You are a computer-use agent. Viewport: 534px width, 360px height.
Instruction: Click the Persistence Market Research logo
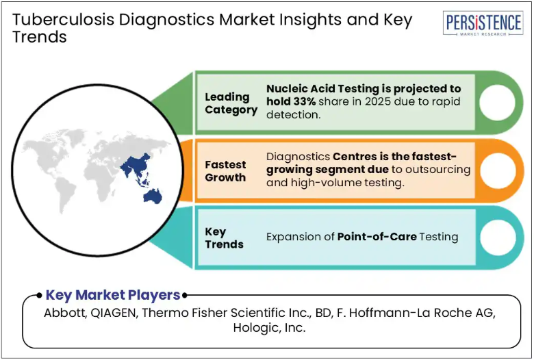coord(483,23)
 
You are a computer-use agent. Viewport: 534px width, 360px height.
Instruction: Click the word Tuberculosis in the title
coord(64,19)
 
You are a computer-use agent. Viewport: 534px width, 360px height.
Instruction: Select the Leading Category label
coord(231,103)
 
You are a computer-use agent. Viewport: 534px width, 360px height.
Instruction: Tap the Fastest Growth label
coord(225,171)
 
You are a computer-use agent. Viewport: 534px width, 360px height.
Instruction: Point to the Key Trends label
coord(224,237)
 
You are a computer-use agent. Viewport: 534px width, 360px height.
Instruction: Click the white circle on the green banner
coord(497,102)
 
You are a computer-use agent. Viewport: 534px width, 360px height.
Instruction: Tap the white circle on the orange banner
coord(498,170)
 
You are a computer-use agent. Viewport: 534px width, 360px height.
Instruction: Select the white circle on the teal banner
coord(498,237)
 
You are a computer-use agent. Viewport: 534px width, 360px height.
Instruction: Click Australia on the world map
coord(153,196)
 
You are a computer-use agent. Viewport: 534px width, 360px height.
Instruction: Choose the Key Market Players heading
coord(113,295)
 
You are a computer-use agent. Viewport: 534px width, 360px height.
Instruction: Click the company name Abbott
coord(65,313)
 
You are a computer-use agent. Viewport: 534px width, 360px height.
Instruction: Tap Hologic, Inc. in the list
coord(269,328)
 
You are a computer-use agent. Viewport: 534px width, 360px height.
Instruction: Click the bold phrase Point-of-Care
coord(377,237)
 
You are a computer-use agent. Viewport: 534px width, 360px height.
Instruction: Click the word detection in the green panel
coord(294,115)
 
